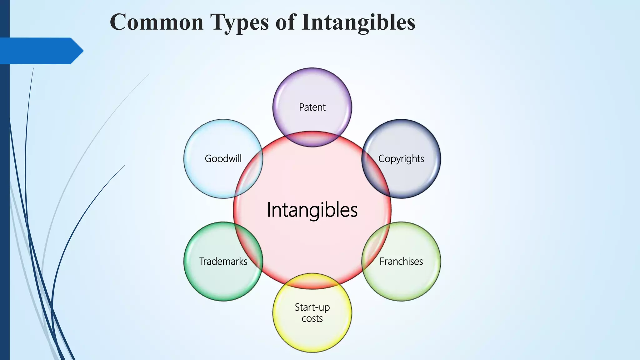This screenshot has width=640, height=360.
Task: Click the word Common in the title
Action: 157,22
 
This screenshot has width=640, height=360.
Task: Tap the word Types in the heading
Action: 239,22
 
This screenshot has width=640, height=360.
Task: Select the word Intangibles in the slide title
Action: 358,22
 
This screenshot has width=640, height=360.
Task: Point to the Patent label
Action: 312,107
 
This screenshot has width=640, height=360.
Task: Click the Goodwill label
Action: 223,158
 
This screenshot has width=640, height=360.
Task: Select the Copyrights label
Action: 401,159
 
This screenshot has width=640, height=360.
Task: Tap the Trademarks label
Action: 223,261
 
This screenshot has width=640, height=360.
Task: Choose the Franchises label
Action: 401,261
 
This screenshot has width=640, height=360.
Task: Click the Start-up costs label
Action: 312,312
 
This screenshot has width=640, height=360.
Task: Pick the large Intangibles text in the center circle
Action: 312,210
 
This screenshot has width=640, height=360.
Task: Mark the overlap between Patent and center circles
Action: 312,139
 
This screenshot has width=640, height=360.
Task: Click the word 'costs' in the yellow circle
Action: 312,318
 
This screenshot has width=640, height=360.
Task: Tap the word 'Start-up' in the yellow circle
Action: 312,307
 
